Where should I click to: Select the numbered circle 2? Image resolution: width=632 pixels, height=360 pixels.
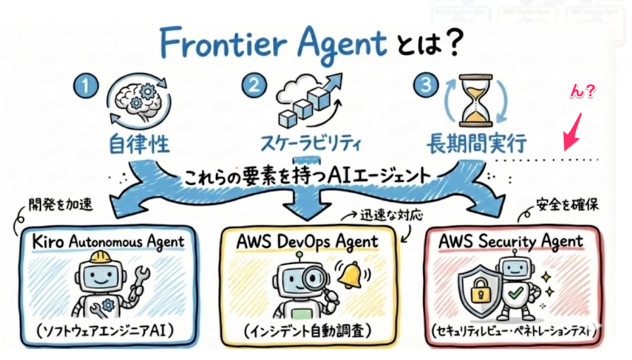tap(254, 86)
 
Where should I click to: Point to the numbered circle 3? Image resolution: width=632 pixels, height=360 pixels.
tap(427, 85)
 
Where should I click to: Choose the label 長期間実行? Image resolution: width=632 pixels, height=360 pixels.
tap(476, 144)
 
